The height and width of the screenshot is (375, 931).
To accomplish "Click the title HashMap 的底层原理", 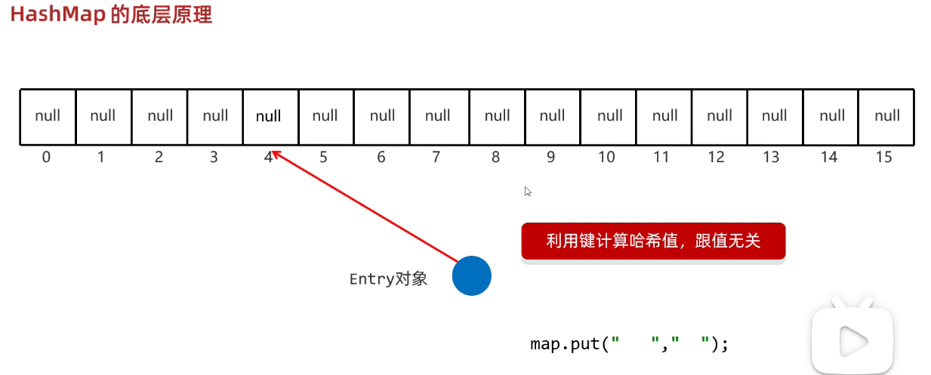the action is click(x=111, y=15).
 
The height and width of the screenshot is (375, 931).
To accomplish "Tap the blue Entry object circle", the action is click(x=472, y=276).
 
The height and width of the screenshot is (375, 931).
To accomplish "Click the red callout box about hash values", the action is click(x=653, y=241).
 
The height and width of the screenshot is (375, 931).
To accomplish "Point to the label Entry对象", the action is click(x=388, y=279).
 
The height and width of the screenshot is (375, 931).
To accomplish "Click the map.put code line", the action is click(x=629, y=344).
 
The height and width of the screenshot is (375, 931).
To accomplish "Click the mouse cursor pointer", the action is click(x=529, y=192).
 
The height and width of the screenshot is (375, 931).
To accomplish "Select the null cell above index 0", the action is click(x=48, y=116).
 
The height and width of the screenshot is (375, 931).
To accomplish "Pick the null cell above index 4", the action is click(x=269, y=116).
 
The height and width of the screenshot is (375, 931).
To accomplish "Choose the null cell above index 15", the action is click(x=887, y=116).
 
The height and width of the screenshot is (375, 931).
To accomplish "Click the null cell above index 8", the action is click(x=498, y=116).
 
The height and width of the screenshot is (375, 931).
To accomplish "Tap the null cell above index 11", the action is click(x=664, y=116).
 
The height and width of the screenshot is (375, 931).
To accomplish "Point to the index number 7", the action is click(x=436, y=158).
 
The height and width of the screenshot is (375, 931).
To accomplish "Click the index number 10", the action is click(x=606, y=158).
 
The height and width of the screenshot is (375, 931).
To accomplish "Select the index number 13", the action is click(x=771, y=158).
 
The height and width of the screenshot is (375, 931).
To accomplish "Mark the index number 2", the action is click(x=159, y=158).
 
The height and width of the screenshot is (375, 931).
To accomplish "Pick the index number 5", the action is click(x=324, y=158).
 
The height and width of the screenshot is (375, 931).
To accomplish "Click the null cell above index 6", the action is click(x=383, y=116).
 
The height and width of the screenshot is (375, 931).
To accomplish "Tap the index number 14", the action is click(x=829, y=158).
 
